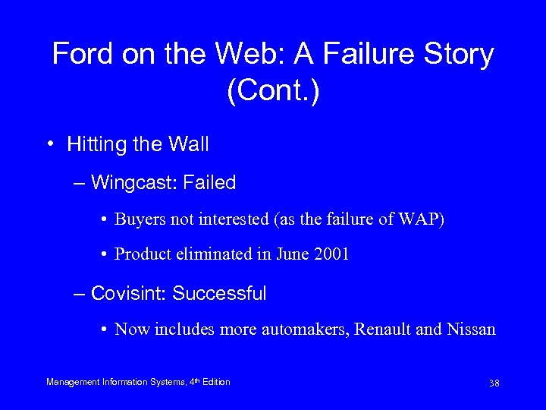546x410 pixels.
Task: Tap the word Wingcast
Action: (126, 183)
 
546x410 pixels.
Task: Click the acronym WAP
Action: (424, 220)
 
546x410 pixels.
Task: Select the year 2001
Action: (331, 255)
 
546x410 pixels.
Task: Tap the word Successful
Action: (219, 293)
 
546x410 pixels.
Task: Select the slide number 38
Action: (494, 383)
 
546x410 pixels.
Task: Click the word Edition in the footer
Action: (215, 382)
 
